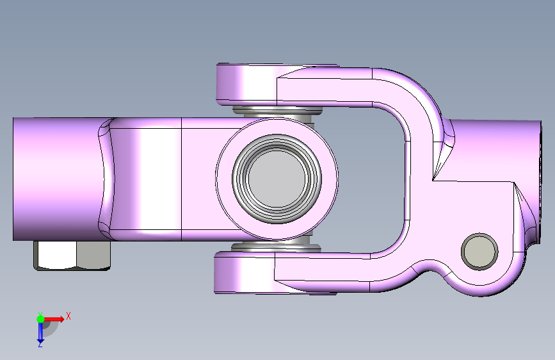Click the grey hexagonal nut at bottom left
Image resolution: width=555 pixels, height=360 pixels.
(x=72, y=256)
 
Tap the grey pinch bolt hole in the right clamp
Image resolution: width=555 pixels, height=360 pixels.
(x=479, y=252)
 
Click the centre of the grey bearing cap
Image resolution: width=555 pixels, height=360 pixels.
(x=277, y=179)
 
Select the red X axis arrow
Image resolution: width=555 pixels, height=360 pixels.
(x=53, y=319)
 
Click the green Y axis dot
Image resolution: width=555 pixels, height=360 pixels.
(x=40, y=319)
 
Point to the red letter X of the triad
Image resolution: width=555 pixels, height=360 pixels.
(x=68, y=316)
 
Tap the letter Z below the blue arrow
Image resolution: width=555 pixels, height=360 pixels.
(x=40, y=344)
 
